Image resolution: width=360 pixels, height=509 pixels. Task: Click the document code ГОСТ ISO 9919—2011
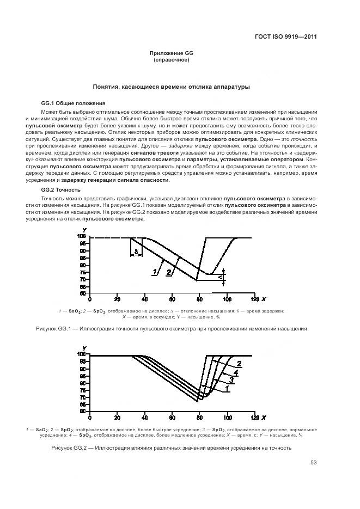click(x=286, y=37)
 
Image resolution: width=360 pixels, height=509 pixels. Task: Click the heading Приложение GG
click(x=172, y=53)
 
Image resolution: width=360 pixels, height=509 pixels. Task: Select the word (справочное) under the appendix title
click(x=172, y=60)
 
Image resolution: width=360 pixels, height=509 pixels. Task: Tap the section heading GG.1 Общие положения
click(x=74, y=103)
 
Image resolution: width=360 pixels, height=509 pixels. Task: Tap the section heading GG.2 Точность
click(x=61, y=189)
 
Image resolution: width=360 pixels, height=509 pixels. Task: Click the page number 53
click(x=313, y=463)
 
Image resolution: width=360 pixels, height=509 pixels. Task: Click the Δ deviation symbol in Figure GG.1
click(x=221, y=278)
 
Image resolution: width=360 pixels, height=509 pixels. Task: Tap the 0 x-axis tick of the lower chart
click(x=90, y=418)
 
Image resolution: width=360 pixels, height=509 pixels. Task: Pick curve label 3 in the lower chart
click(x=231, y=381)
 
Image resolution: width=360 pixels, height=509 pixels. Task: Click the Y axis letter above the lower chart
click(x=84, y=348)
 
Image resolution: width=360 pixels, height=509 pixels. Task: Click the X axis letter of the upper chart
click(x=264, y=299)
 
